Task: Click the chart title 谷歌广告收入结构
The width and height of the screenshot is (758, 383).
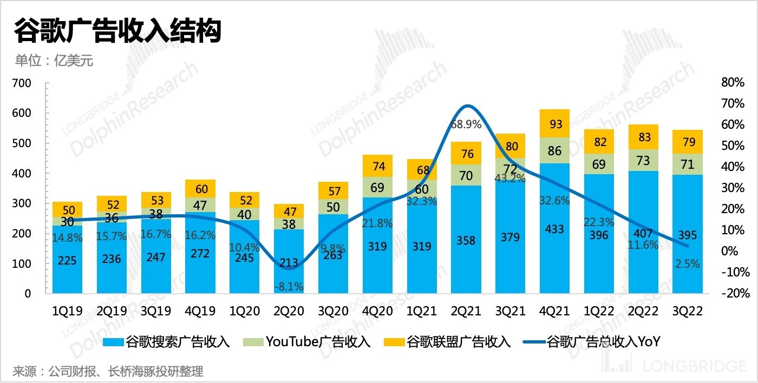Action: pyautogui.click(x=117, y=31)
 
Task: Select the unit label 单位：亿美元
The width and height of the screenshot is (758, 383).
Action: pyautogui.click(x=54, y=61)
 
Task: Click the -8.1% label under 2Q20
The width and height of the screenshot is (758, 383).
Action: pyautogui.click(x=289, y=286)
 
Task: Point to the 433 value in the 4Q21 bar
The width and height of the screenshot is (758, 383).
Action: pyautogui.click(x=554, y=229)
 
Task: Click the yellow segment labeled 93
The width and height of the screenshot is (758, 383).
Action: pyautogui.click(x=554, y=124)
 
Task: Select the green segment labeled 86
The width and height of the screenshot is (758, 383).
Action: pyautogui.click(x=554, y=151)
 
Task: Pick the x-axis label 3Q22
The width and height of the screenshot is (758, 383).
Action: pyautogui.click(x=687, y=311)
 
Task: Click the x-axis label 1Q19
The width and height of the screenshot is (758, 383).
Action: pyautogui.click(x=67, y=311)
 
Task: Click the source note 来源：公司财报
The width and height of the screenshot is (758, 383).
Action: pyautogui.click(x=108, y=372)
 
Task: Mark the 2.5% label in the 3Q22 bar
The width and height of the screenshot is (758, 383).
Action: pyautogui.click(x=687, y=264)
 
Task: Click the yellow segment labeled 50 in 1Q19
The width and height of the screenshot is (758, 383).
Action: pyautogui.click(x=67, y=209)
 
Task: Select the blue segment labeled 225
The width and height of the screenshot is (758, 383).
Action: pyautogui.click(x=67, y=261)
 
